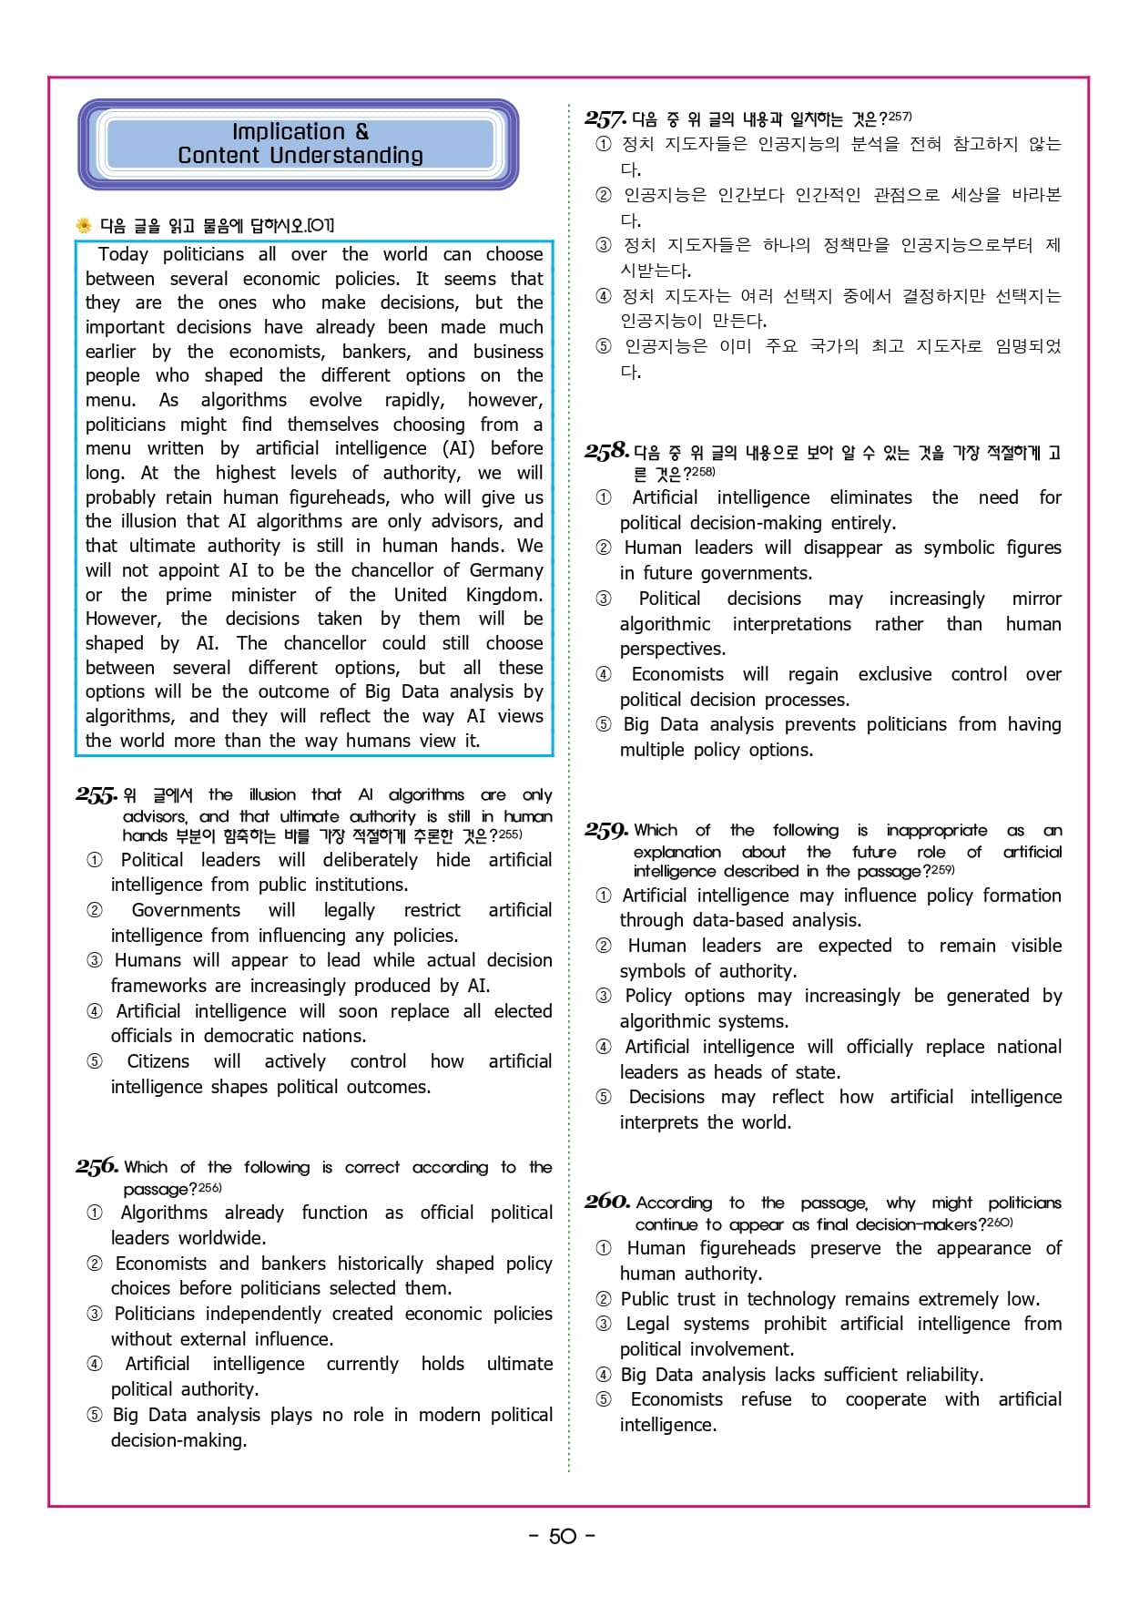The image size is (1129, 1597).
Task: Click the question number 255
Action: coord(96,795)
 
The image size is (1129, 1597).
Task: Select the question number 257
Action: coord(605,118)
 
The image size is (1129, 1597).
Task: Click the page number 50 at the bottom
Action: coord(563,1536)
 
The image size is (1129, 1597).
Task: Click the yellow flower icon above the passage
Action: coord(84,225)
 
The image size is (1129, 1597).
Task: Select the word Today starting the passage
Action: coord(123,254)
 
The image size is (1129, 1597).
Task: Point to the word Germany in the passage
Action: coord(506,570)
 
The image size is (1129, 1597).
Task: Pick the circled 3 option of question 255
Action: coord(95,961)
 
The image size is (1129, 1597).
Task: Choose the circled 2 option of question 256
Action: coord(95,1264)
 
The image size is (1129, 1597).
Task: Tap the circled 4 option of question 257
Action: coord(604,296)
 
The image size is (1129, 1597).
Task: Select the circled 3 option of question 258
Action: coord(604,599)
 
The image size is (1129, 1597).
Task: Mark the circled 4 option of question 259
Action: coord(604,1048)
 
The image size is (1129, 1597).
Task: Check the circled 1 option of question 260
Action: coord(604,1249)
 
